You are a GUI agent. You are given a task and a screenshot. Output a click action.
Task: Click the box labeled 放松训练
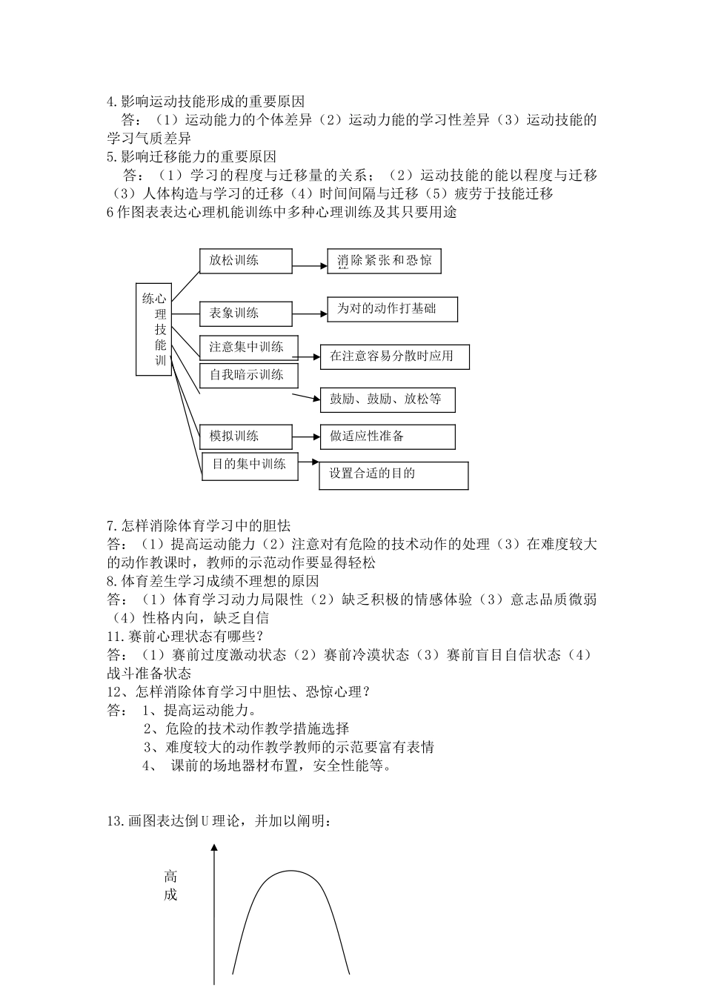pos(245,261)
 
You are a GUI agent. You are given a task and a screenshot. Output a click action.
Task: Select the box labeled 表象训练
pos(245,313)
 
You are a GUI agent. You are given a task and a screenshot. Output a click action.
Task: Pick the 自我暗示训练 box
pos(248,375)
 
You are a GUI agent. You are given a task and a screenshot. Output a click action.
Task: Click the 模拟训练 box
pos(245,436)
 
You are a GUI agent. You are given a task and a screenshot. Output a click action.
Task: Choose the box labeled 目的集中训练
pos(250,465)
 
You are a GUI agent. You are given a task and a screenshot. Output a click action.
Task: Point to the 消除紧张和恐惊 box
pos(384,261)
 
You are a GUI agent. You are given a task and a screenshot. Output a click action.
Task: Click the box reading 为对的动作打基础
pos(392,309)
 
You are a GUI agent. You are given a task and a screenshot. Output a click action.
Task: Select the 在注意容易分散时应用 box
pos(394,356)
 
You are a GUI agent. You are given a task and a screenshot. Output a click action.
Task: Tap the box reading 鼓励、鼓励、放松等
pos(387,399)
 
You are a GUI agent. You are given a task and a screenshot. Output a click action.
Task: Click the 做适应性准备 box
pos(387,436)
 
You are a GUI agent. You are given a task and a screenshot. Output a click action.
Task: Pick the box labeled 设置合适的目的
pos(393,475)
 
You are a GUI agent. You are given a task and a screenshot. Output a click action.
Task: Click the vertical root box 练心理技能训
pos(154,329)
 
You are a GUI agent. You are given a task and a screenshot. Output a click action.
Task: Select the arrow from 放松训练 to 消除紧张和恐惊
pos(310,263)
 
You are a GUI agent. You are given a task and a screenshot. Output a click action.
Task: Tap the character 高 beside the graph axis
pos(171,877)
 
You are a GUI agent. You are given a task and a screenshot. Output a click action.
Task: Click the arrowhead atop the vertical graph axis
pos(215,847)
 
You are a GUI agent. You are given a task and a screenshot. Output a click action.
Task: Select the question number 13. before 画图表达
pos(117,821)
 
